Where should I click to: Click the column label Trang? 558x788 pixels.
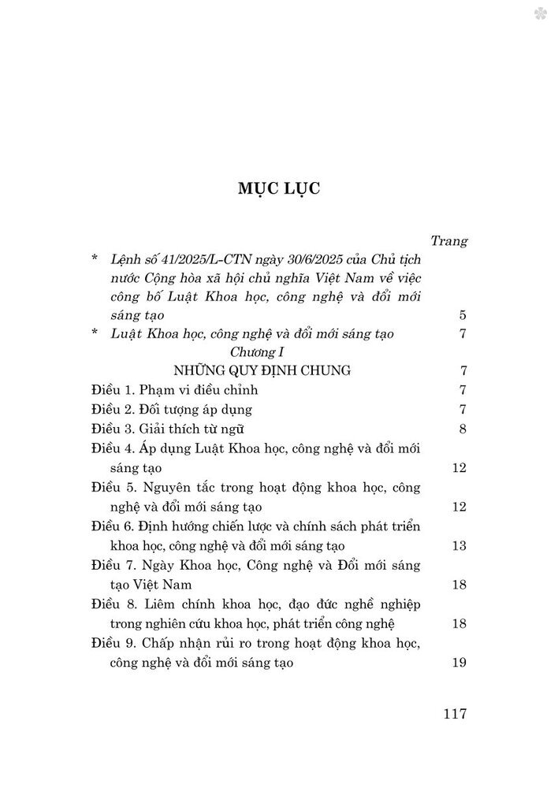click(450, 240)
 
